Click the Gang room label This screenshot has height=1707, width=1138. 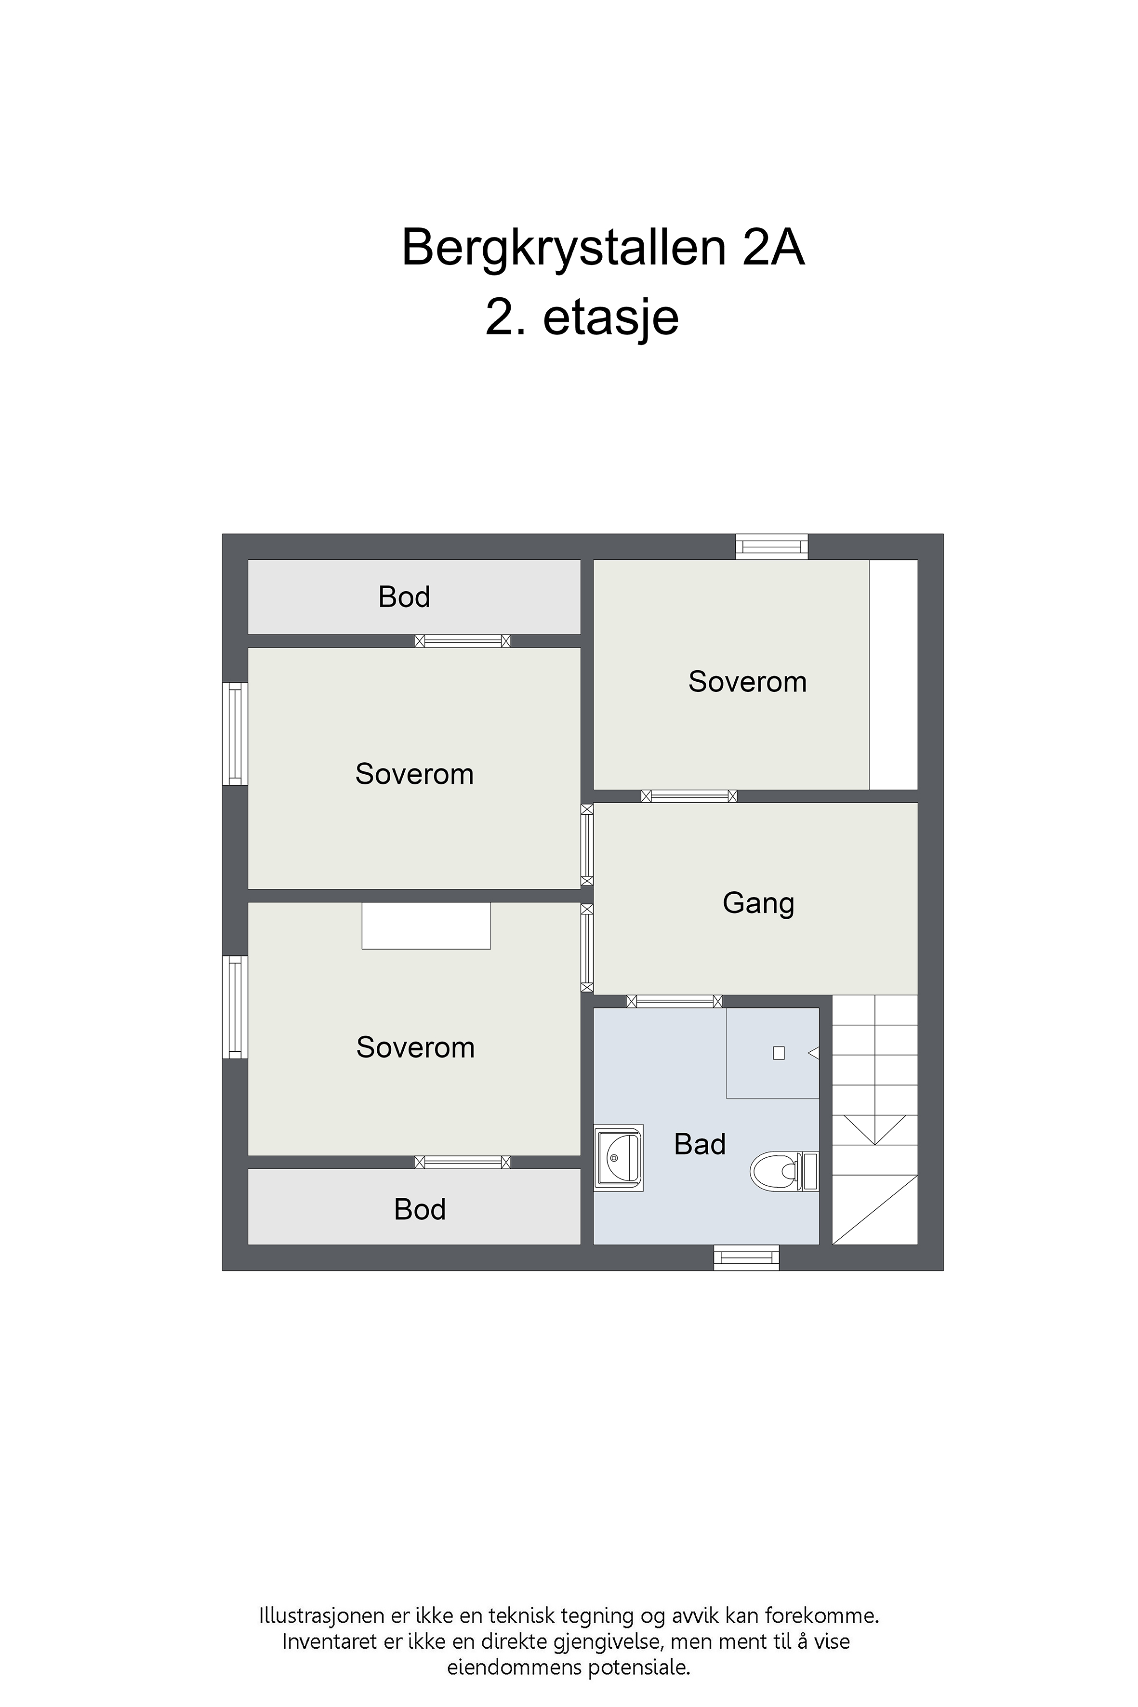[758, 903]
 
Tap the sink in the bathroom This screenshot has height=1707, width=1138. [618, 1158]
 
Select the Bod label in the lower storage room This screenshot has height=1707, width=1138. [420, 1210]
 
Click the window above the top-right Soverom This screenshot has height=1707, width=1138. [771, 546]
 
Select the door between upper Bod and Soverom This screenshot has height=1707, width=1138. [463, 641]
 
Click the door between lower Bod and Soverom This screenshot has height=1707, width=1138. [463, 1163]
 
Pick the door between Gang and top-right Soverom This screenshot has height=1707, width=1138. [689, 796]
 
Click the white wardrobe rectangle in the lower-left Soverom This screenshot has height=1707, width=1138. [426, 926]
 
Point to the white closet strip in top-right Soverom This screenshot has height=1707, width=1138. [893, 674]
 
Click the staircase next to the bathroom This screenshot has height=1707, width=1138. [874, 1120]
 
